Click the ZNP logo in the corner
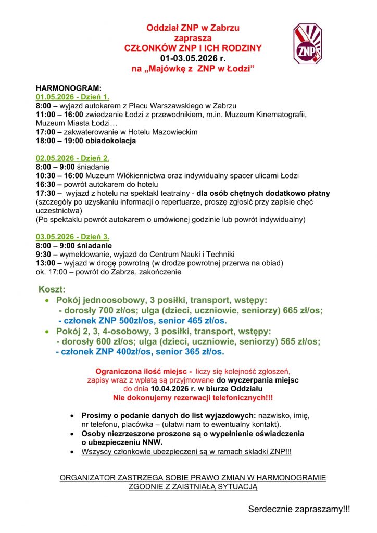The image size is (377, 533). click(307, 44)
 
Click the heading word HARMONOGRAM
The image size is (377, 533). click(69, 88)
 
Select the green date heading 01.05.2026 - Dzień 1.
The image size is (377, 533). click(72, 97)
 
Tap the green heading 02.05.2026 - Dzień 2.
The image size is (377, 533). click(72, 158)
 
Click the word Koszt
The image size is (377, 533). click(52, 289)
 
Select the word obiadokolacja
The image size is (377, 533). click(109, 141)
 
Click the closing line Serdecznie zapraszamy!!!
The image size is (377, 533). click(299, 509)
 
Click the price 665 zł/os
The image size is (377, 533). click(302, 310)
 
